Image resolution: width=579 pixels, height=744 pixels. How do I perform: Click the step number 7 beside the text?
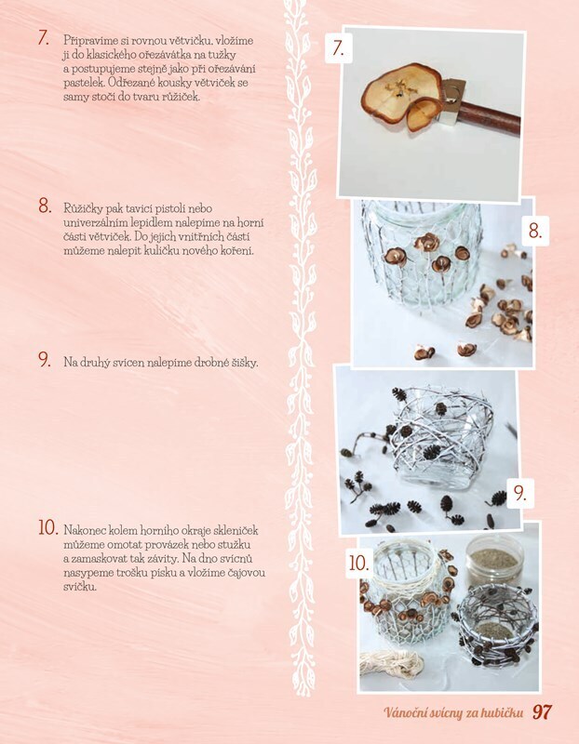pos(44,39)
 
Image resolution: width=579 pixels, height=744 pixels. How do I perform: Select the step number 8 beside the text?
pos(45,206)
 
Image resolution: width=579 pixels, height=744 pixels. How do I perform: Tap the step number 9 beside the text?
pos(45,360)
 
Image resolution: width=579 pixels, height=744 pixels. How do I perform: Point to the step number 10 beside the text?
pos(48,527)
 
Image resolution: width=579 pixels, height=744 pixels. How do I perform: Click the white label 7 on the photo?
pos(338,48)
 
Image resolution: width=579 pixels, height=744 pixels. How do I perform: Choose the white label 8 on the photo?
pos(535,231)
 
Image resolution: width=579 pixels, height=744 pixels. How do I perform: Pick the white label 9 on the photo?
pos(520,494)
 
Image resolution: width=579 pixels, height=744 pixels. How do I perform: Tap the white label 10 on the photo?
pos(359,564)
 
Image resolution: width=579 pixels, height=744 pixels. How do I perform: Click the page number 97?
pos(542,712)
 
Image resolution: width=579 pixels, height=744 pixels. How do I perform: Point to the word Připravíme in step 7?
pos(87,41)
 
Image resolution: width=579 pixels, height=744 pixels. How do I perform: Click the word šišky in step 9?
pos(245,363)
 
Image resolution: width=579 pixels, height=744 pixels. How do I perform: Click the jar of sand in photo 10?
pos(494,564)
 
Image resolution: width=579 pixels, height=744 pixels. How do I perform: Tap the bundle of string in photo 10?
pos(391,663)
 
